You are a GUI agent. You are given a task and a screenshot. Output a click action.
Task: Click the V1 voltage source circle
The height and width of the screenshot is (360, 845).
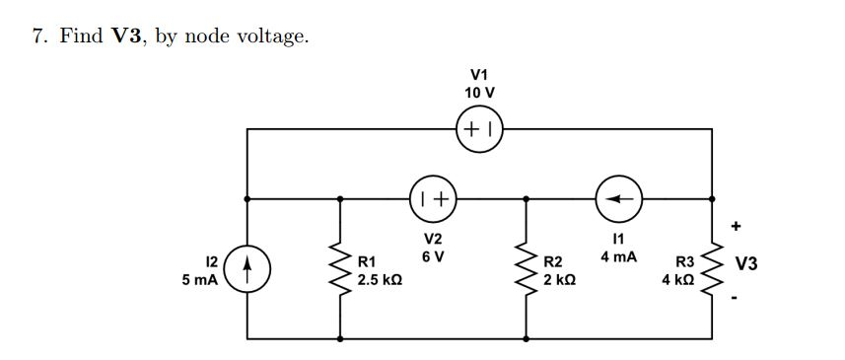click(479, 128)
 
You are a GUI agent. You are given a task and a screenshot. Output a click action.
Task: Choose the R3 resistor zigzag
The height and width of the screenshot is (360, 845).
click(713, 266)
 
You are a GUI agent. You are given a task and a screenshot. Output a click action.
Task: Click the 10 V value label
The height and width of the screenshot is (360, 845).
click(479, 92)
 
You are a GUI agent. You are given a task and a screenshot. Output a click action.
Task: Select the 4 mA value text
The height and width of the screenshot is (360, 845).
click(619, 256)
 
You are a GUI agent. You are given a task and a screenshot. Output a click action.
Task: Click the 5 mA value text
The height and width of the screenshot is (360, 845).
click(201, 280)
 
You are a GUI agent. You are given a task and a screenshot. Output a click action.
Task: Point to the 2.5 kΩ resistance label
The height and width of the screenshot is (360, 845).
click(378, 280)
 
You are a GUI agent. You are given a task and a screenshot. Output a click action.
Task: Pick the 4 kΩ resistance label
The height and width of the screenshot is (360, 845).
click(678, 280)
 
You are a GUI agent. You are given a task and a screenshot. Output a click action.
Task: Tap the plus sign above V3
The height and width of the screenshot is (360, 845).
click(736, 226)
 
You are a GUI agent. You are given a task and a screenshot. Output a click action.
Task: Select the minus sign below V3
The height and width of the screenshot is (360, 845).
click(736, 300)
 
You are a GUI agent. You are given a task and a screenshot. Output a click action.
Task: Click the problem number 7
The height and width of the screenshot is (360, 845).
click(36, 37)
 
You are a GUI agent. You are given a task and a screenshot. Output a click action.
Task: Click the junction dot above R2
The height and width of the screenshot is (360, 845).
click(525, 197)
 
